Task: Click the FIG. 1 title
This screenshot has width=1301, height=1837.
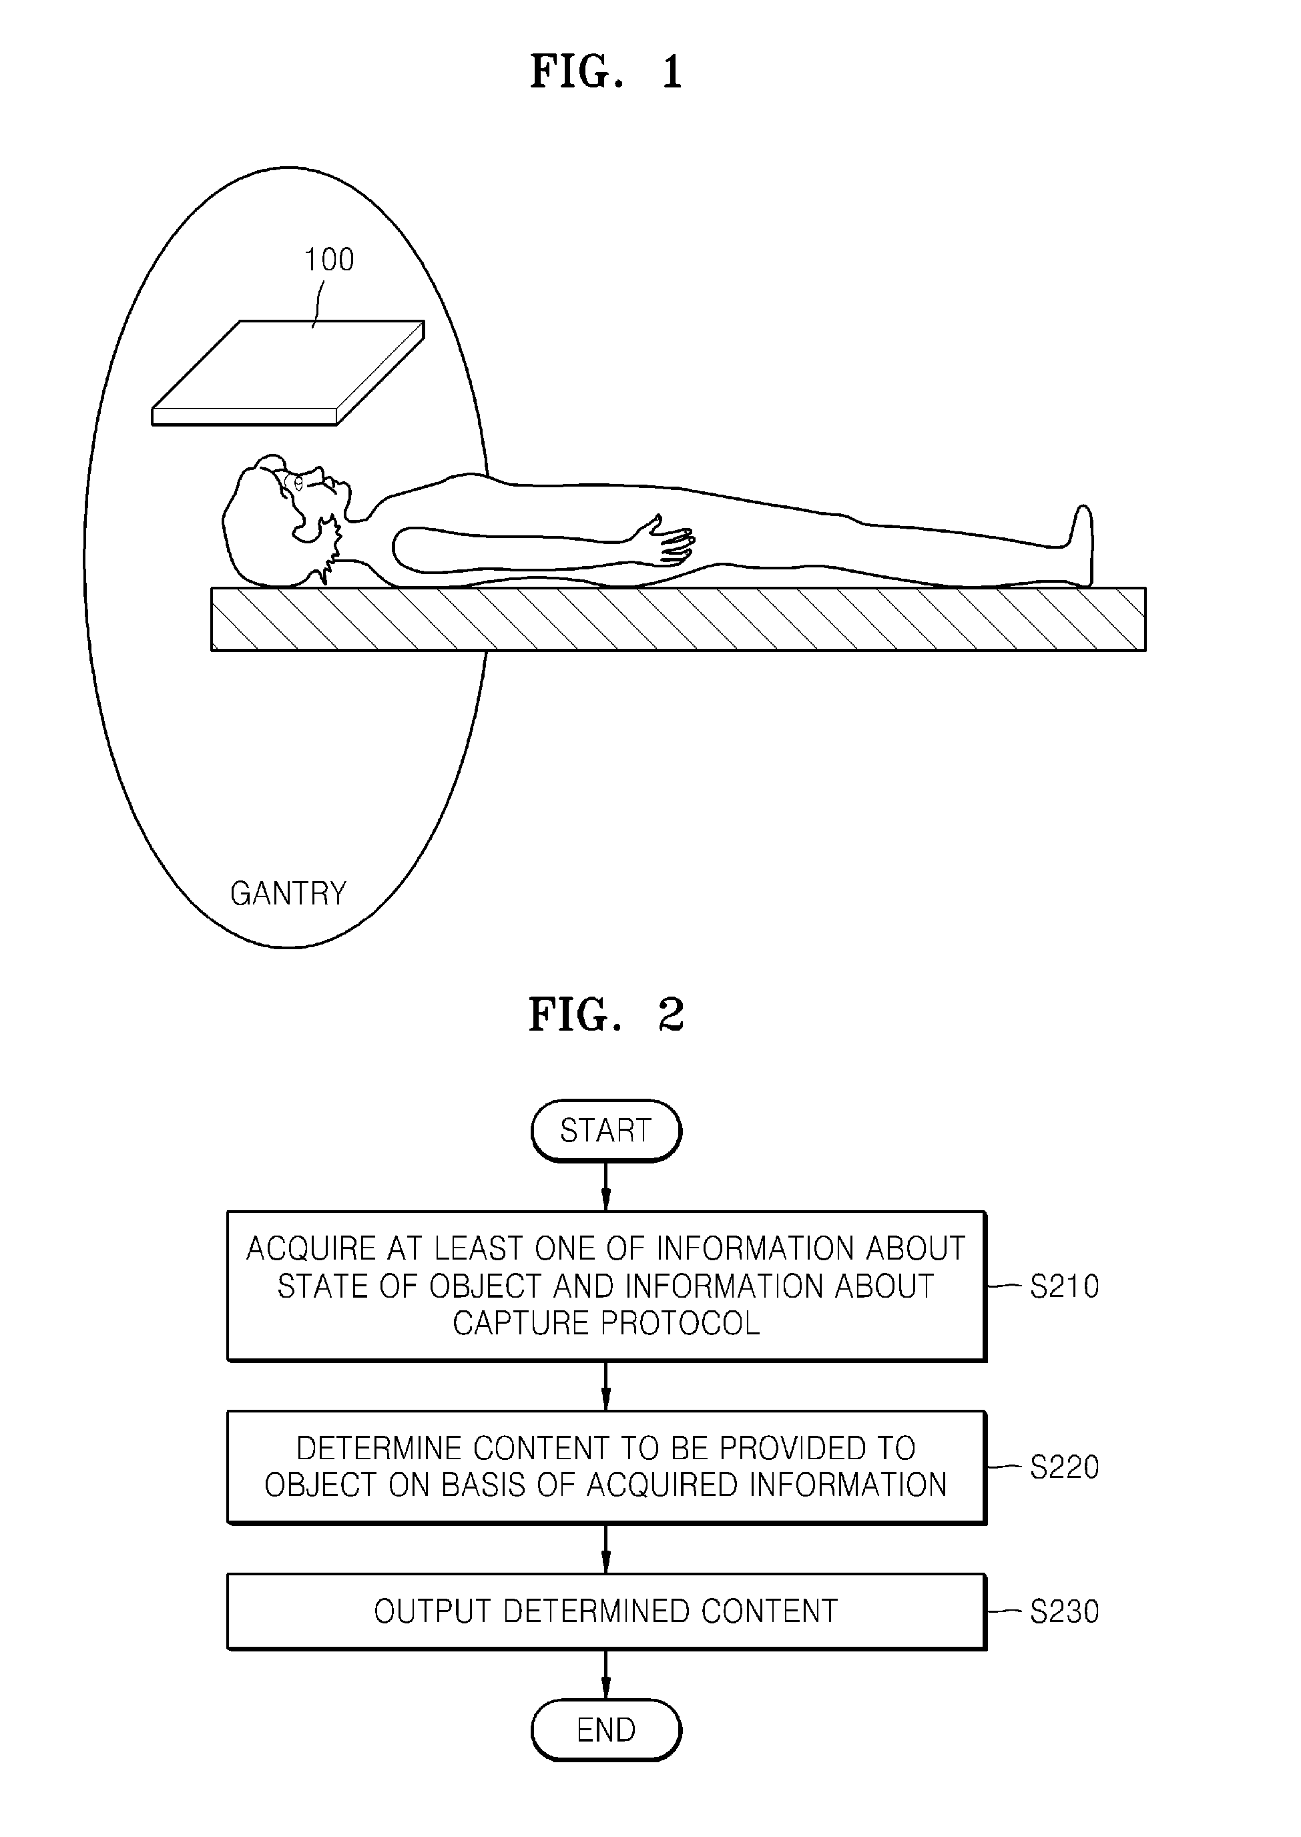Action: (605, 71)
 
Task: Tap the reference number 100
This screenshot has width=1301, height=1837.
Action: (328, 260)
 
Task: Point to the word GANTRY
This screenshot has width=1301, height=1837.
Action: (288, 893)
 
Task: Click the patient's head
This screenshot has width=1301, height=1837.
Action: (272, 521)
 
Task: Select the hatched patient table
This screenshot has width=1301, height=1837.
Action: (678, 619)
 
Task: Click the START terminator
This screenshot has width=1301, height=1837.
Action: (605, 1130)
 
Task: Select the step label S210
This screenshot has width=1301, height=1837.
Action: (1064, 1286)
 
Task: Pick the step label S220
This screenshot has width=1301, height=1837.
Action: (1064, 1468)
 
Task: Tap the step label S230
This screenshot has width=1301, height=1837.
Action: (1064, 1611)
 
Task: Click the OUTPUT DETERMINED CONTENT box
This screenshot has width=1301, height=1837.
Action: (605, 1611)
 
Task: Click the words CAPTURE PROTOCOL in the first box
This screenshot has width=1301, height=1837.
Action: (605, 1324)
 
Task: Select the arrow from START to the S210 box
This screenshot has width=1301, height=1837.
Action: (605, 1186)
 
